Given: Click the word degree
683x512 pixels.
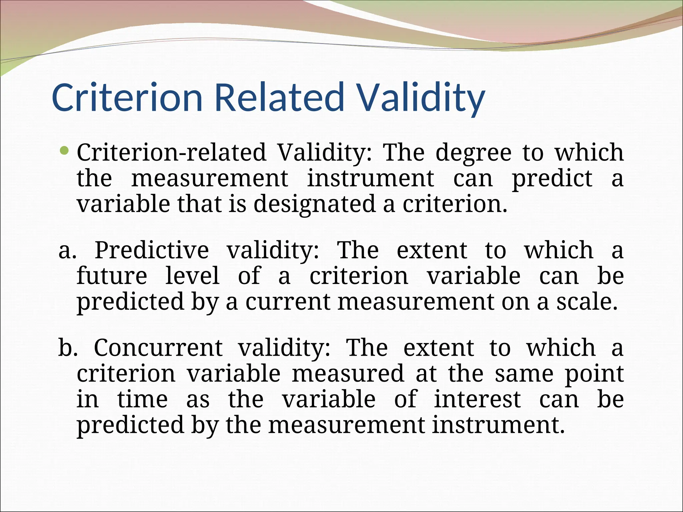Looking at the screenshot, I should click(x=473, y=153).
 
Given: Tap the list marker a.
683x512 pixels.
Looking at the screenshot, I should click(x=67, y=250).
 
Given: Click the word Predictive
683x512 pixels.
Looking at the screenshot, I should click(x=152, y=250).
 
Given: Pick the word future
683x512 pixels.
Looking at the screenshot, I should click(x=112, y=276).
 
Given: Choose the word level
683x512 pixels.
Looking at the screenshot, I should click(x=192, y=276).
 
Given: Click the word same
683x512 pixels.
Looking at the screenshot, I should click(x=524, y=374).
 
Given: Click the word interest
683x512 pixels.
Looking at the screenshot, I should click(x=477, y=399).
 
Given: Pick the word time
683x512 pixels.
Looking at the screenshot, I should click(x=142, y=399).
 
